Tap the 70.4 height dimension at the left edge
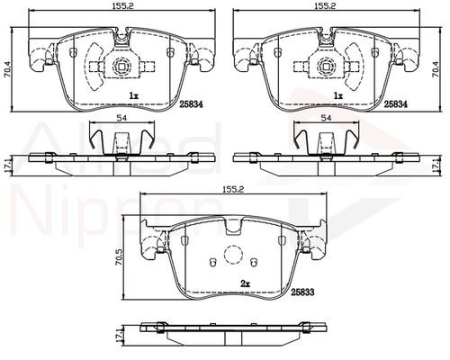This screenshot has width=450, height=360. (x=6, y=69)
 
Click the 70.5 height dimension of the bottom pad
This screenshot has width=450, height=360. (x=119, y=257)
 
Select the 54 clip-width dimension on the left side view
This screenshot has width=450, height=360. (x=122, y=118)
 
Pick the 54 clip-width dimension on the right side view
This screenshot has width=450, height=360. (x=326, y=118)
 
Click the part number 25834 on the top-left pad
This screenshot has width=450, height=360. (x=192, y=103)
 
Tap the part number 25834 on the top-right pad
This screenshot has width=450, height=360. (x=396, y=103)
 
